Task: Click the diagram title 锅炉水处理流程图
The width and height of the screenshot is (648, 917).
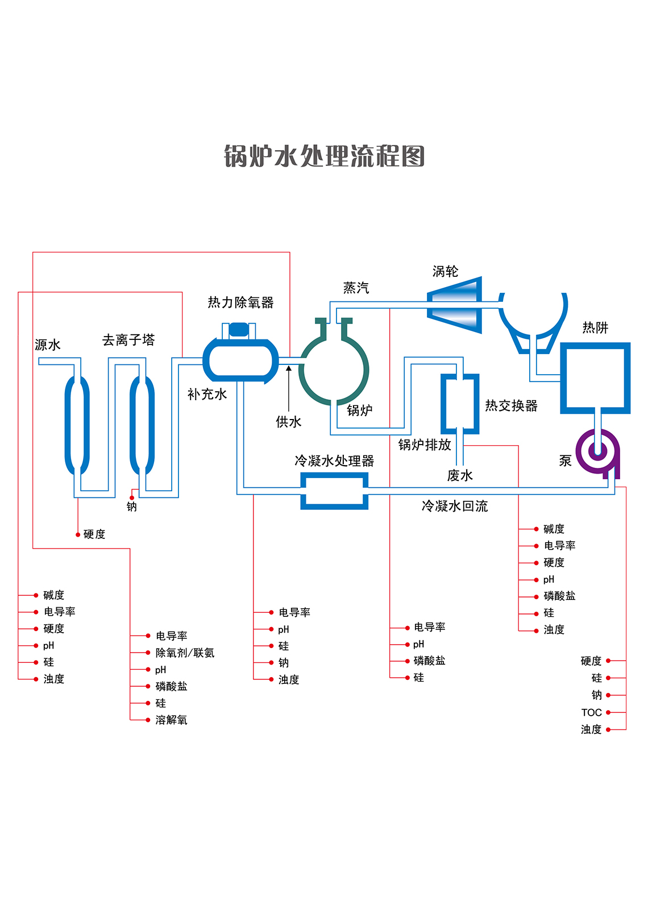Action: coord(324,156)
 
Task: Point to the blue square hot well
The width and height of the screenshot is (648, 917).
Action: coord(595,377)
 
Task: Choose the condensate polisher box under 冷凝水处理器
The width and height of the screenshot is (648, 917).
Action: coord(334,491)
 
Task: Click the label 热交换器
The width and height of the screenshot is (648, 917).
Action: coord(511,406)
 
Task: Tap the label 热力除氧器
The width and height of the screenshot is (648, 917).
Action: coord(240,302)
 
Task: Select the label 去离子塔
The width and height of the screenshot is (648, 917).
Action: coord(128,341)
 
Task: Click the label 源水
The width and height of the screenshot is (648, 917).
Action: coord(48,345)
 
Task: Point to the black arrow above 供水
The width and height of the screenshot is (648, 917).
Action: coord(289,387)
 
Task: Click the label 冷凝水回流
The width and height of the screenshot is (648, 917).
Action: coord(455,507)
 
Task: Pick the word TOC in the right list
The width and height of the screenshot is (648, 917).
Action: coord(591,713)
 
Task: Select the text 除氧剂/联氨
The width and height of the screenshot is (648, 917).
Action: coord(185,653)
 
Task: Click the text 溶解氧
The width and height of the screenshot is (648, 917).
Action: coord(171,720)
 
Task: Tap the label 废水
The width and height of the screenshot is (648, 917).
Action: coord(460,476)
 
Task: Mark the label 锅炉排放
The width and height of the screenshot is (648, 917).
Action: coord(425,445)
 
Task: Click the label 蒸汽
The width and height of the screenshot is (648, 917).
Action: coord(356,288)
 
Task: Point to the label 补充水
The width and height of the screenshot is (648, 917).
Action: coord(207,395)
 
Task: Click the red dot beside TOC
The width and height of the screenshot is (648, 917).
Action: coord(608,712)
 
